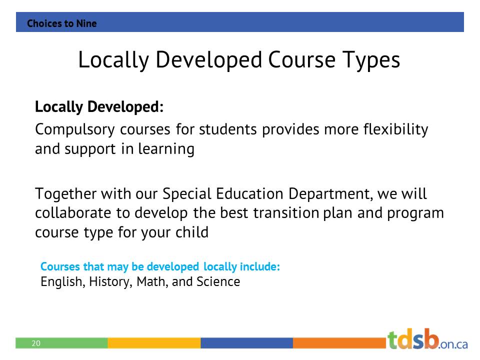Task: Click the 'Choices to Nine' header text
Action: tap(61, 23)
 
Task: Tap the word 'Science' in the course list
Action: tap(218, 282)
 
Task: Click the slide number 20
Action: tap(36, 343)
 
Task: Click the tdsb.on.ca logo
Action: tap(427, 339)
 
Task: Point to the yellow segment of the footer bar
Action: tap(154, 343)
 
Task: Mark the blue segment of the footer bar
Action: tap(246, 343)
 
